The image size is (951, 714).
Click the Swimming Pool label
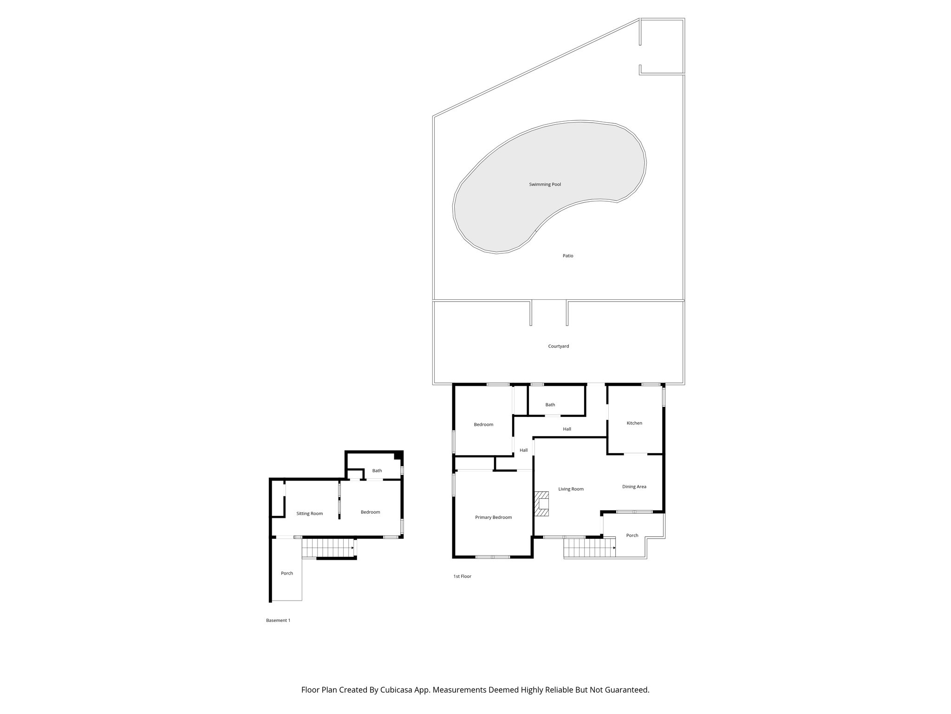click(545, 185)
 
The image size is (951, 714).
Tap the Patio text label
click(567, 256)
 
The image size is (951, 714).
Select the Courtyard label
click(558, 346)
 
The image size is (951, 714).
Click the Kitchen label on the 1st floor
click(634, 423)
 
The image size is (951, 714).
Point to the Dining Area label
click(634, 487)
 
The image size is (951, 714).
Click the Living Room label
click(571, 489)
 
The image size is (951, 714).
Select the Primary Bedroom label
click(493, 517)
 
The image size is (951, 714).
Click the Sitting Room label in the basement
click(309, 514)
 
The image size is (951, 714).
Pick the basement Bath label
click(377, 471)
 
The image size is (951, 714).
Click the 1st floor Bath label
click(550, 405)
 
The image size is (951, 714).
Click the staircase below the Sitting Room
click(327, 548)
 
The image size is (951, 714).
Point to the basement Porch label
click(287, 573)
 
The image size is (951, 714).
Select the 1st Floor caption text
click(462, 576)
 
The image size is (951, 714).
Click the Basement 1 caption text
click(278, 620)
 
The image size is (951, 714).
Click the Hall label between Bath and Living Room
click(567, 429)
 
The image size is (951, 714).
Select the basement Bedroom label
click(370, 512)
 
